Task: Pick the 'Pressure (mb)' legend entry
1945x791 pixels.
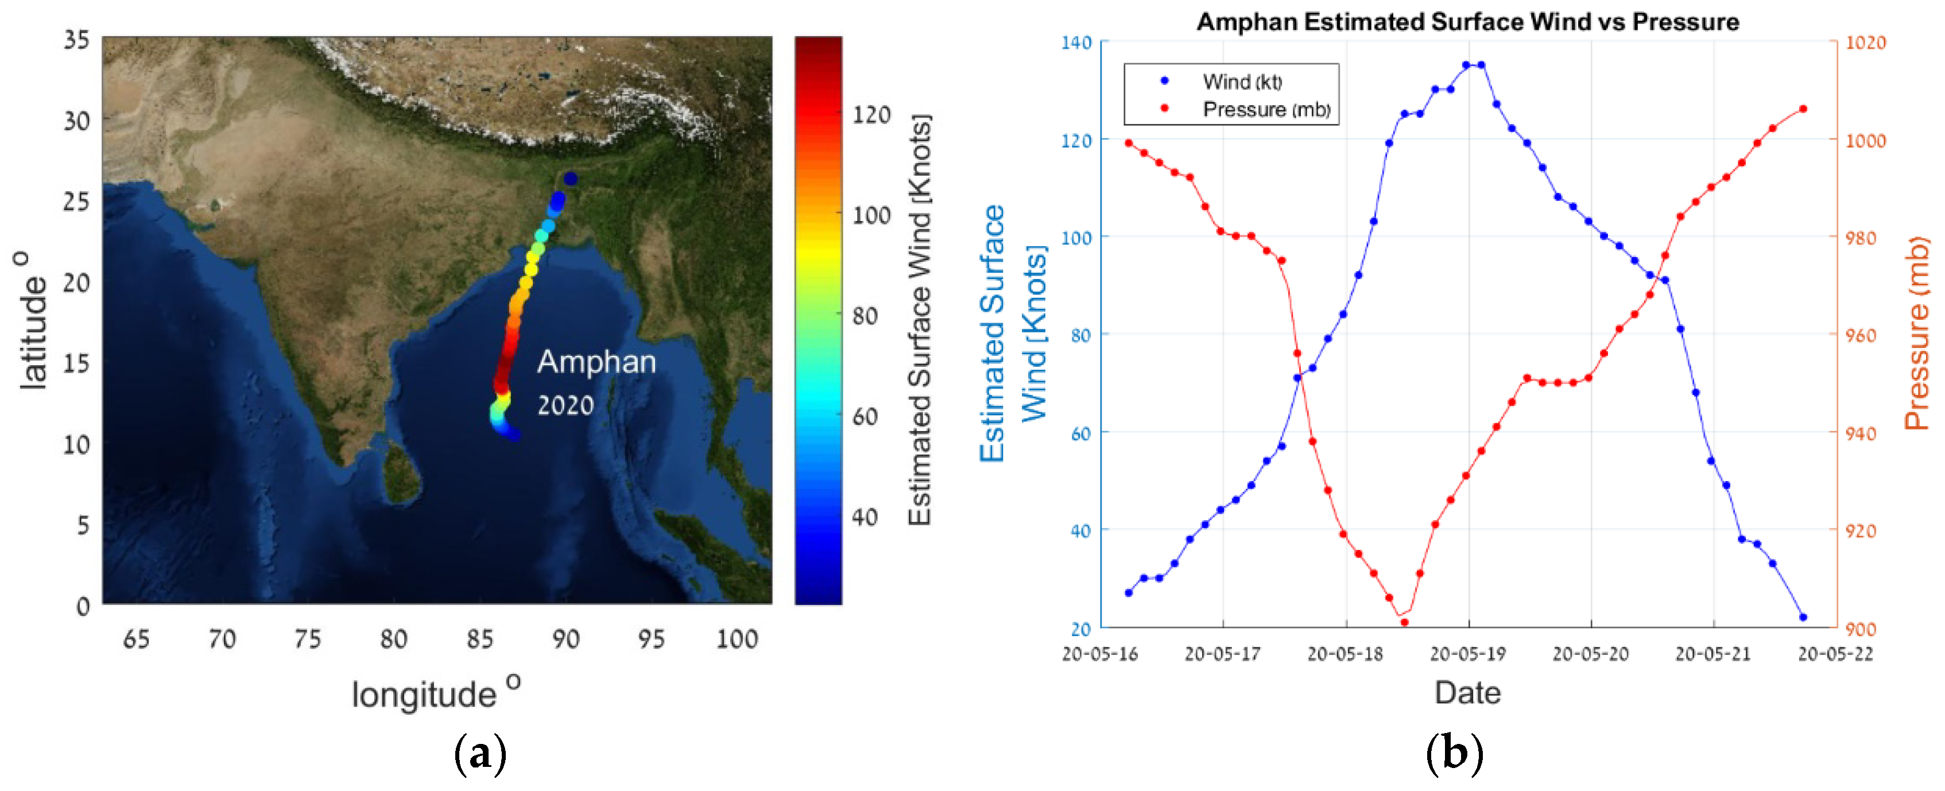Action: (1265, 110)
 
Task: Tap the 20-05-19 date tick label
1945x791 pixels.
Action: (1468, 654)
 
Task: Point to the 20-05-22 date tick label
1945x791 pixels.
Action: (1835, 654)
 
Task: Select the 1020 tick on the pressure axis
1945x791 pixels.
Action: (1866, 43)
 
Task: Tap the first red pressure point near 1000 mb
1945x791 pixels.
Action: (1128, 143)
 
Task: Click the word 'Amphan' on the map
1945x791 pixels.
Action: (596, 362)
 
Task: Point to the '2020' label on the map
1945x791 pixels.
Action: (565, 406)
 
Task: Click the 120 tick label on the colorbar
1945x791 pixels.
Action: (871, 115)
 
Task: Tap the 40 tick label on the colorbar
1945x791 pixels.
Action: (865, 518)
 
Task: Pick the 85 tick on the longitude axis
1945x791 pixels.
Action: (479, 640)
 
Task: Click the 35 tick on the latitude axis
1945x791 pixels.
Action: (76, 40)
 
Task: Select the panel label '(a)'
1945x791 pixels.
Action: (479, 753)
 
